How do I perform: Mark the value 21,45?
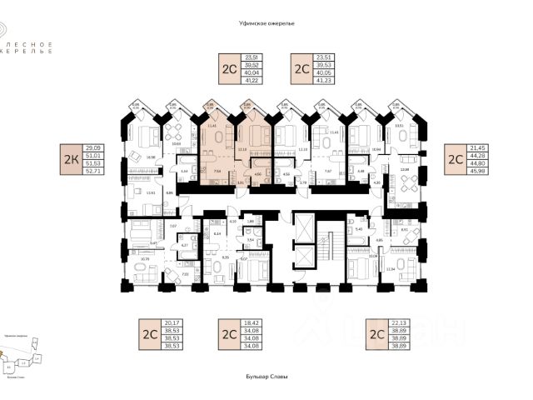(x=482, y=147)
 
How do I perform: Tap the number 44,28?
(x=482, y=155)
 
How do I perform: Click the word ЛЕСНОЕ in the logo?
(x=38, y=43)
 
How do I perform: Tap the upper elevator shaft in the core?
(x=306, y=226)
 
